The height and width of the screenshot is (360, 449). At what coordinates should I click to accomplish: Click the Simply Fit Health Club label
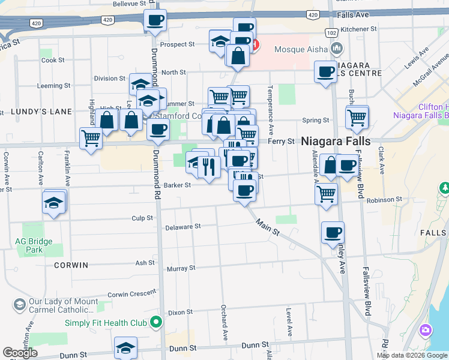point(106,323)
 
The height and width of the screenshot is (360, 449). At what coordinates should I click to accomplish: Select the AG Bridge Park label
point(34,245)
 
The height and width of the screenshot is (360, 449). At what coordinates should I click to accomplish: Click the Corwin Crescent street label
point(131,295)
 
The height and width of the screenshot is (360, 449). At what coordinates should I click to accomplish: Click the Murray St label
point(178,268)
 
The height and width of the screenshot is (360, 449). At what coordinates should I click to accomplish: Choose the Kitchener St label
point(358,29)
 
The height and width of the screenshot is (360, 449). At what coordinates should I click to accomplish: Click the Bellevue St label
point(130,4)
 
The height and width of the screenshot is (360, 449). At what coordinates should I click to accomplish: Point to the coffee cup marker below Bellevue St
point(155,20)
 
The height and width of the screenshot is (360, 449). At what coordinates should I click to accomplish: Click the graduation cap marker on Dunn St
point(125,347)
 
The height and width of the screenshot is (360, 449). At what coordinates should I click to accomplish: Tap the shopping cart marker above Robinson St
point(326,193)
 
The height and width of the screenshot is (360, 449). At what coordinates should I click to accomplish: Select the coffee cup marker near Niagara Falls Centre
point(326,71)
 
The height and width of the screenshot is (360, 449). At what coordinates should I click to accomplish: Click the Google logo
point(20,353)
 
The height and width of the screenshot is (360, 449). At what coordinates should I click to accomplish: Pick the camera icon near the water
point(426,330)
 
